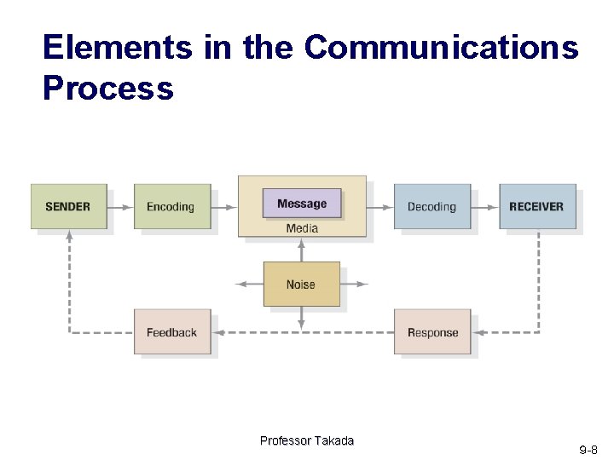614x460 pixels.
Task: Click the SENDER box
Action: pyautogui.click(x=69, y=206)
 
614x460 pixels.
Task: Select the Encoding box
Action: pyautogui.click(x=171, y=206)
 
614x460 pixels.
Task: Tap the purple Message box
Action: pyautogui.click(x=301, y=204)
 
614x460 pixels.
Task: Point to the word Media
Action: pyautogui.click(x=302, y=228)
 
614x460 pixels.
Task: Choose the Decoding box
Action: pyautogui.click(x=432, y=206)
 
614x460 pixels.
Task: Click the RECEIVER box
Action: pyautogui.click(x=537, y=206)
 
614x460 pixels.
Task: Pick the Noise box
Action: pyautogui.click(x=301, y=285)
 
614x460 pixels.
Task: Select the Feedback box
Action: pyautogui.click(x=171, y=332)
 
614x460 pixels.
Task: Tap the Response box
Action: pyautogui.click(x=432, y=332)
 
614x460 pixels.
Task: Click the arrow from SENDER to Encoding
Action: pyautogui.click(x=120, y=206)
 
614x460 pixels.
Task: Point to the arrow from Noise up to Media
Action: pyautogui.click(x=301, y=250)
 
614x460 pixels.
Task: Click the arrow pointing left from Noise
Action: pyautogui.click(x=248, y=285)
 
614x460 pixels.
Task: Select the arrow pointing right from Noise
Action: pyautogui.click(x=354, y=285)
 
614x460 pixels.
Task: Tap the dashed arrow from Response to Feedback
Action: pyautogui.click(x=302, y=332)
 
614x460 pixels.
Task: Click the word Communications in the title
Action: pyautogui.click(x=441, y=48)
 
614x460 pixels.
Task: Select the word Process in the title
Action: pyautogui.click(x=107, y=88)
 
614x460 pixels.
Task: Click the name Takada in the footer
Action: pyautogui.click(x=333, y=440)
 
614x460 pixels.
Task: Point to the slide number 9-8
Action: pyautogui.click(x=588, y=449)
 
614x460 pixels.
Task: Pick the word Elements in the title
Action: pyautogui.click(x=118, y=48)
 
